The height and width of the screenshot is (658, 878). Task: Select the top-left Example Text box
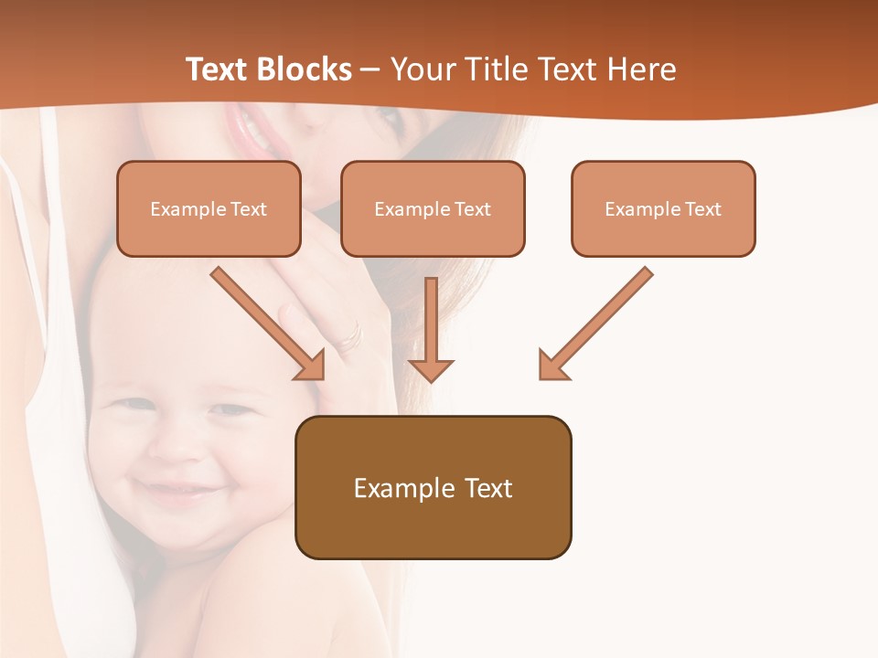tap(209, 209)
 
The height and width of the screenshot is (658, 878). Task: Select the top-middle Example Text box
tap(433, 209)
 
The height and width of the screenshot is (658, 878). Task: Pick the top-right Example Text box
tap(663, 209)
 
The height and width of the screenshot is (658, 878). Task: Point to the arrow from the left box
tap(265, 321)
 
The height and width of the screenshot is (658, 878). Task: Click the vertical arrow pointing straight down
tap(431, 329)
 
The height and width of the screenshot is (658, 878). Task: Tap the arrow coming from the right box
tap(599, 321)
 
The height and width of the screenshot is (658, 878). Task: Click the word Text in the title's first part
tap(218, 69)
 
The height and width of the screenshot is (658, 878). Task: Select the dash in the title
tap(370, 70)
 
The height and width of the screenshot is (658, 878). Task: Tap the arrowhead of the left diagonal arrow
tap(311, 366)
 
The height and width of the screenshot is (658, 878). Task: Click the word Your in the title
tap(420, 69)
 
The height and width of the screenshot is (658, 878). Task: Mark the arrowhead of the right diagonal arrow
tap(552, 366)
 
